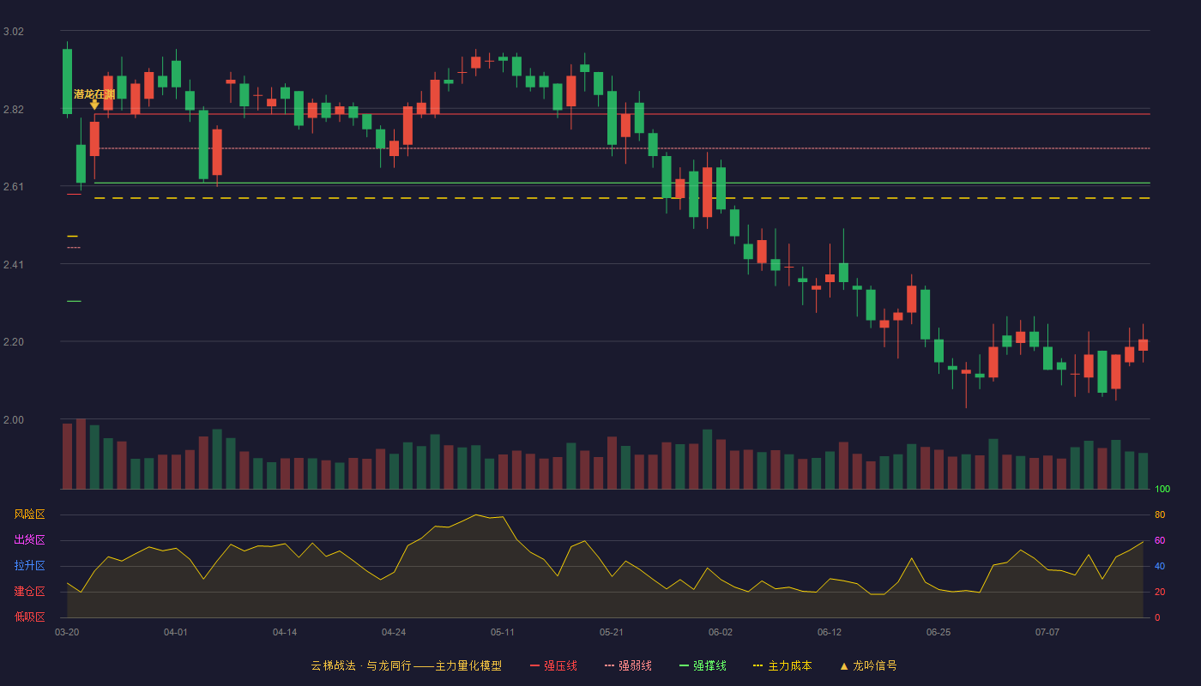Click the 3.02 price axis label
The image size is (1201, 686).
14,32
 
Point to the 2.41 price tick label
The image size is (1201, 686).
14,265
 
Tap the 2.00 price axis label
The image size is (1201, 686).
14,420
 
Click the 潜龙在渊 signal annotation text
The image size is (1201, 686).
94,94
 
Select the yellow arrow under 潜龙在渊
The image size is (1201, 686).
94,105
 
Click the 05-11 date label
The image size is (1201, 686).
503,633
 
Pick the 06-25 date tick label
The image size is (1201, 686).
938,633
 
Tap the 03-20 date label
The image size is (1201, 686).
67,633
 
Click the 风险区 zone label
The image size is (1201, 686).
29,514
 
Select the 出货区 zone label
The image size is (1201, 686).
29,539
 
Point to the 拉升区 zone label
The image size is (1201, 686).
29,565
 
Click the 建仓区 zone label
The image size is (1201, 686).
29,591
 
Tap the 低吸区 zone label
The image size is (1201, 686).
29,617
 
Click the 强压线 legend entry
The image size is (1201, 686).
553,665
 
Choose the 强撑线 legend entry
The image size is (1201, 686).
703,665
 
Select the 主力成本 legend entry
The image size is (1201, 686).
782,665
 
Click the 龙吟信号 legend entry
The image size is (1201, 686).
868,665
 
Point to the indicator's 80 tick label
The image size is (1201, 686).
1160,514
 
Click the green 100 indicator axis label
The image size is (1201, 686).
1162,489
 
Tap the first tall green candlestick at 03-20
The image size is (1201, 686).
67,81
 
